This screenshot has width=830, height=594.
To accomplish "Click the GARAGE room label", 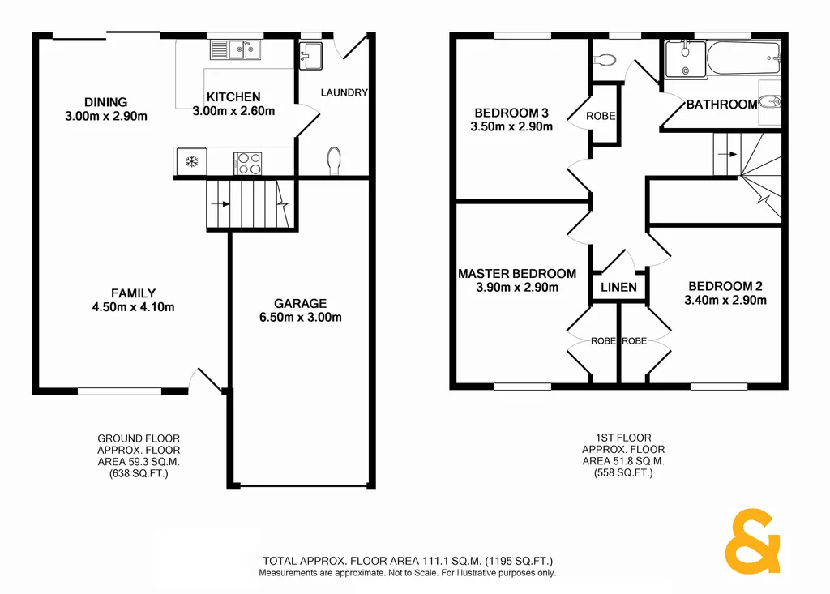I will pos(300,304).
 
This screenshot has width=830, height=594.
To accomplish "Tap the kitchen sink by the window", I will pos(234,50).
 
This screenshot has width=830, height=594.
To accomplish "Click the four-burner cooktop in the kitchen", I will pos(249,163).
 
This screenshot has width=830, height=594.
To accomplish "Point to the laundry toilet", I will pos(334,160).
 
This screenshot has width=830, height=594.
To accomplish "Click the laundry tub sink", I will pos(310,56).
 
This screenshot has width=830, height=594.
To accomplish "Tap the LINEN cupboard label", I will pos(618,288).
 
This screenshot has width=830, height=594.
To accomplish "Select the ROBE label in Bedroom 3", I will pos(601,116).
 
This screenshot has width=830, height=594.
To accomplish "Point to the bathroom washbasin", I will pos(771,103).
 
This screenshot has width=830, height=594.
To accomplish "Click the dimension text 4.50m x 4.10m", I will pos(134,306).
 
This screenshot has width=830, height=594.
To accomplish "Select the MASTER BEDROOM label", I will pos(517,274).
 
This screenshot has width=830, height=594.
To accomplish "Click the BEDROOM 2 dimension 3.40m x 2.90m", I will pos(725,300).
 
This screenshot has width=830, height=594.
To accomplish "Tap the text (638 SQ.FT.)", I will pos(139,473).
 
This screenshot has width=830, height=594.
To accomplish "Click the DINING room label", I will pos(106,102).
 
